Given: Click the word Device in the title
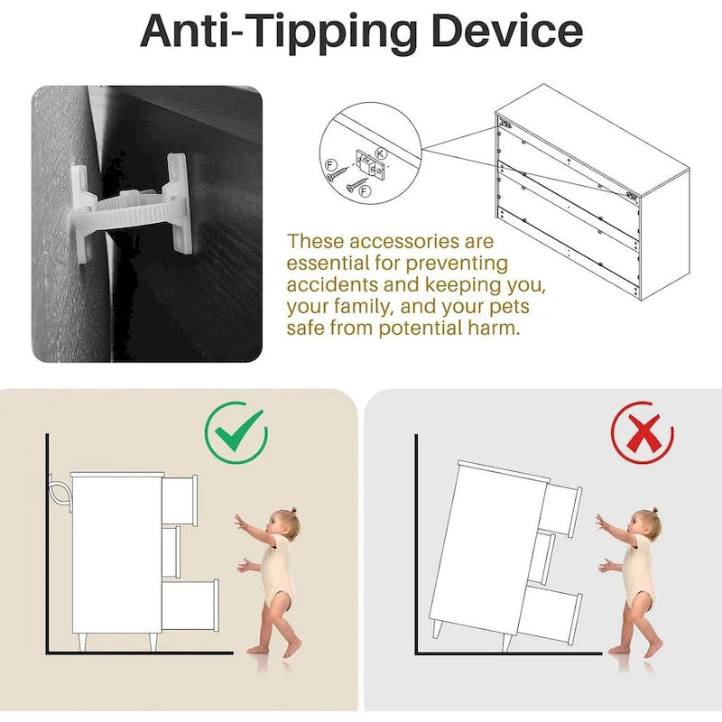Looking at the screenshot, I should tap(506, 32).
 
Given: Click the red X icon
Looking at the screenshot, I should tap(643, 433).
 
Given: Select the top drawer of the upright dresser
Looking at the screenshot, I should tap(180, 499).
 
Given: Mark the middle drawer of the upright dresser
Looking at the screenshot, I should tap(171, 551).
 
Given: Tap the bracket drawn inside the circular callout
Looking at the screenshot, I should tap(366, 162).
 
